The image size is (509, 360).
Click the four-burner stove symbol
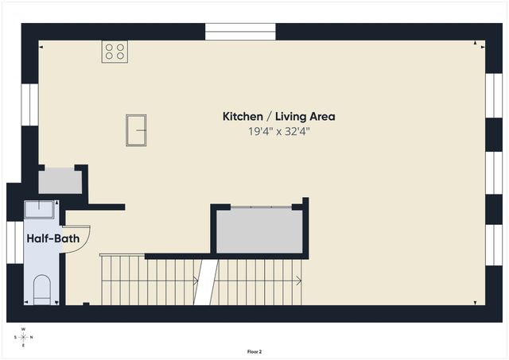coord(115,52)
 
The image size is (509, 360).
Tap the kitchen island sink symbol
coord(136,130)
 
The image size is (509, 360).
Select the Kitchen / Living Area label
coord(278,117)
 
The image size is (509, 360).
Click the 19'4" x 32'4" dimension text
coord(278,131)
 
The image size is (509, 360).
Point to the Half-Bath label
coord(53,238)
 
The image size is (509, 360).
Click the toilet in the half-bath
coord(42,289)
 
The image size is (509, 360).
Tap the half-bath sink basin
coord(39,209)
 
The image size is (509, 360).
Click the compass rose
coord(23,337)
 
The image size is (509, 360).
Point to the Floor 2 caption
coord(254,351)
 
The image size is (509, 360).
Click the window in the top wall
coord(240,32)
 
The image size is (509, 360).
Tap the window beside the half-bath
coord(15,242)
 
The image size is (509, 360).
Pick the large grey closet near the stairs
coord(260,230)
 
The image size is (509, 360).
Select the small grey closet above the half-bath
coord(60,180)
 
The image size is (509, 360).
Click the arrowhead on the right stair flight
coord(299,281)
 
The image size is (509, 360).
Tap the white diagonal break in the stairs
coord(206,282)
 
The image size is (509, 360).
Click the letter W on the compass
coord(23,329)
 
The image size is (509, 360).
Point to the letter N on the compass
coord(32,337)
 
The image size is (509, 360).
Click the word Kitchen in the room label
coord(243,117)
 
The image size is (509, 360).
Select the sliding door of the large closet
coord(262,207)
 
